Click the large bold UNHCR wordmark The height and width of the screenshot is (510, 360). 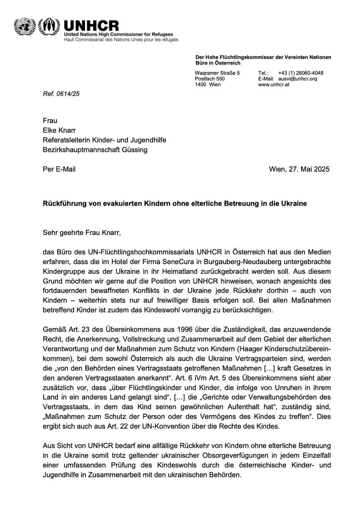pyautogui.click(x=91, y=26)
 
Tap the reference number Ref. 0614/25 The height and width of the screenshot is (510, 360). pyautogui.click(x=61, y=94)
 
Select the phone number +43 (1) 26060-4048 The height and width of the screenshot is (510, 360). pyautogui.click(x=301, y=73)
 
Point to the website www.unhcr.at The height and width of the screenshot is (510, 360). pyautogui.click(x=274, y=84)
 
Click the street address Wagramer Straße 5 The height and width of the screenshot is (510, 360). pyautogui.click(x=217, y=73)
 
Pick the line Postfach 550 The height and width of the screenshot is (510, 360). pyautogui.click(x=209, y=79)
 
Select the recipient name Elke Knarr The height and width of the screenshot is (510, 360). pyautogui.click(x=60, y=130)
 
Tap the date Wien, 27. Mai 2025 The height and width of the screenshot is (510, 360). pyautogui.click(x=299, y=169)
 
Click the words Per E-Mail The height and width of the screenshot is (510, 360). pyautogui.click(x=59, y=169)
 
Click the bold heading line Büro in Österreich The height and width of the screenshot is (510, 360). pyautogui.click(x=218, y=63)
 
